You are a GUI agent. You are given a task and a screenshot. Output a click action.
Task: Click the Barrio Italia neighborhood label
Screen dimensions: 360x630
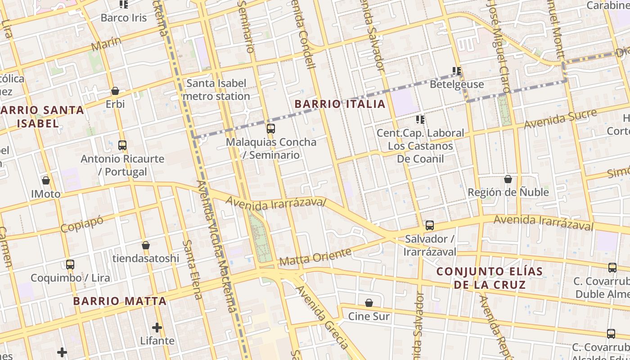pyautogui.click(x=340, y=104)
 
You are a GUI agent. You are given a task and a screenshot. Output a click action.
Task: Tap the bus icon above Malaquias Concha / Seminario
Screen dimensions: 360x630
pyautogui.click(x=270, y=129)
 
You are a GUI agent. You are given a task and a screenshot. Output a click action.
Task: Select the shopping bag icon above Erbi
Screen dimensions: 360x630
pyautogui.click(x=115, y=91)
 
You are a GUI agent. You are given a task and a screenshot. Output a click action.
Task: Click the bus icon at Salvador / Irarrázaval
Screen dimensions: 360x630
pyautogui.click(x=430, y=225)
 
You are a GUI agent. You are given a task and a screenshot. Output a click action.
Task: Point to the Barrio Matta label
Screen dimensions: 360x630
pyautogui.click(x=120, y=301)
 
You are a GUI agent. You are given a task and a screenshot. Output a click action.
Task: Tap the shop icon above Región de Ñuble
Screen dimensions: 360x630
pyautogui.click(x=508, y=179)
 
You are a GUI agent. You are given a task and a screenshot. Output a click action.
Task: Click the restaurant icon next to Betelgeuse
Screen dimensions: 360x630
pyautogui.click(x=457, y=71)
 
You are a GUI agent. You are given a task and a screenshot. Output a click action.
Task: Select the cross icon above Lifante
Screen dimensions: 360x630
pyautogui.click(x=157, y=328)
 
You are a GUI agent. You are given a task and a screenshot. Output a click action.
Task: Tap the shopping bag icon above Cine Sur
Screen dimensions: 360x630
pyautogui.click(x=369, y=303)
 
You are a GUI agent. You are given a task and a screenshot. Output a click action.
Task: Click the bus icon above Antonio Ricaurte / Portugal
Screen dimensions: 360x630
pyautogui.click(x=122, y=145)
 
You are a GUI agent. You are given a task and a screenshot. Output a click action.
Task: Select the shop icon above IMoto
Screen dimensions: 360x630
pyautogui.click(x=46, y=181)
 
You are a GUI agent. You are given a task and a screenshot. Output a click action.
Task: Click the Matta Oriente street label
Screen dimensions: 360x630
pyautogui.click(x=315, y=257)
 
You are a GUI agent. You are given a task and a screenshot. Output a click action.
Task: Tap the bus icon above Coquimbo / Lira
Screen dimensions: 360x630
pyautogui.click(x=70, y=265)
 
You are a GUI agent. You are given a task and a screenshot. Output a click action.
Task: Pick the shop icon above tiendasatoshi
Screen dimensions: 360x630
pyautogui.click(x=146, y=245)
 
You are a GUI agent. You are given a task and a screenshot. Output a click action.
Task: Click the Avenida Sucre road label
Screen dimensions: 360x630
pyautogui.click(x=560, y=119)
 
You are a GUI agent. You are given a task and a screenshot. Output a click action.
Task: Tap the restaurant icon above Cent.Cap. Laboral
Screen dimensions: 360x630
pyautogui.click(x=420, y=120)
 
